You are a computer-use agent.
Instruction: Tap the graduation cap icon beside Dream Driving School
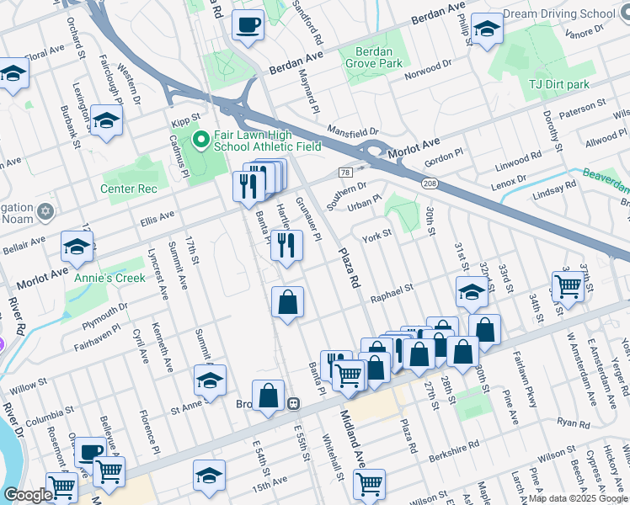[x=486, y=30]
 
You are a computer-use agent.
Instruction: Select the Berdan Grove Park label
[x=371, y=63]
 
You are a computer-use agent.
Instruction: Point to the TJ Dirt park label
[x=559, y=84]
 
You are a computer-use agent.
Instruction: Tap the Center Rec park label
[x=129, y=189]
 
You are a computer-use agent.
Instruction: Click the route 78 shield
[x=345, y=172]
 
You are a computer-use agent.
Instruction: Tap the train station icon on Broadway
[x=294, y=403]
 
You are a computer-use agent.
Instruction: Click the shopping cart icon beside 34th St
[x=569, y=286]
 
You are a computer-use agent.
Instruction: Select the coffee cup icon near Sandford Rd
[x=247, y=24]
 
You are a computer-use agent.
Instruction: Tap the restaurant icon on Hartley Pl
[x=286, y=246]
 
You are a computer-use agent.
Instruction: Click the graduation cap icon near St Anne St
[x=210, y=380]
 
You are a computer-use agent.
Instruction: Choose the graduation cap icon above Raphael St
[x=472, y=291]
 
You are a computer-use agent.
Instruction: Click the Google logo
[x=27, y=495]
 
